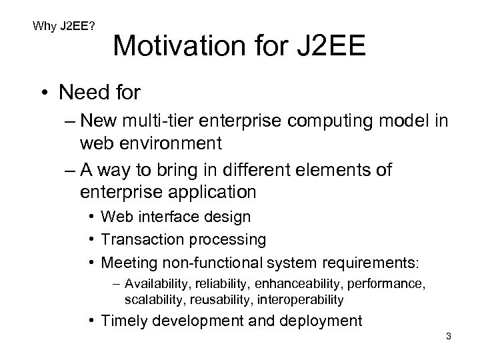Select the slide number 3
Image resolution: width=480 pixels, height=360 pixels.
449,336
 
